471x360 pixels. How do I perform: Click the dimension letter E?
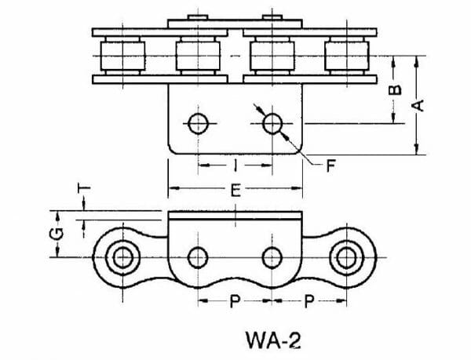click(x=235, y=189)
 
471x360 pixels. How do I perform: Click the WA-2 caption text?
click(x=272, y=341)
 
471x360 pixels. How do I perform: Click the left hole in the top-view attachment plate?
click(x=198, y=122)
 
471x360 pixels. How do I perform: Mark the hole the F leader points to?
click(x=272, y=122)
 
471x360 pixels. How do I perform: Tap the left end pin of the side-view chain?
click(x=122, y=256)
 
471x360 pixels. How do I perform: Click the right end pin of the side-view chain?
click(x=345, y=256)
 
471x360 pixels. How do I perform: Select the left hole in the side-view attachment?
click(x=198, y=256)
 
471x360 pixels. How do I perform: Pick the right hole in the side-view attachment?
click(x=272, y=256)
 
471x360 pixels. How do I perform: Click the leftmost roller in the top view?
click(x=122, y=56)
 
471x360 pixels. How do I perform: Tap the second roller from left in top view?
click(x=196, y=56)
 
